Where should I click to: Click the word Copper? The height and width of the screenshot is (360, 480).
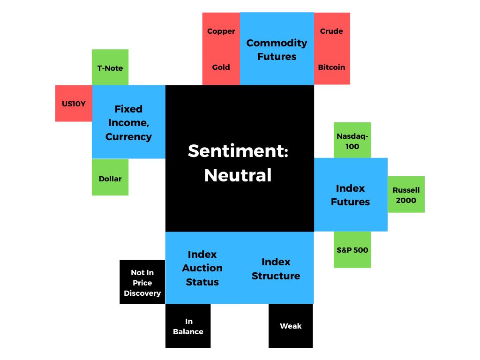point(221,31)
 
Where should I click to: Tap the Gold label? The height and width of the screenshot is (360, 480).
point(221,67)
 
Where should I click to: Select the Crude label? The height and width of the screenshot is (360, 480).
point(331,31)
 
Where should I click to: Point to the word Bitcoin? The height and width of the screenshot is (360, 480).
point(331,67)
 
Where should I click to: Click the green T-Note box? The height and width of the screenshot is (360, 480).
point(110,67)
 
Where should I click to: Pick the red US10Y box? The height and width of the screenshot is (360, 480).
point(74,104)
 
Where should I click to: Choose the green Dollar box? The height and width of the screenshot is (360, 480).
point(110,177)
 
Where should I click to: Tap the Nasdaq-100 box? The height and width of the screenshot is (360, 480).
point(352,140)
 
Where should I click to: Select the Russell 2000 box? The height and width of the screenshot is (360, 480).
point(406,195)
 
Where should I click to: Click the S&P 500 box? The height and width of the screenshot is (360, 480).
point(352,249)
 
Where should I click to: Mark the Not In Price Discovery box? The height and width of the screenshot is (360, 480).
point(142,282)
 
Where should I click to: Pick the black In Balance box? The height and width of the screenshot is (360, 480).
point(188,326)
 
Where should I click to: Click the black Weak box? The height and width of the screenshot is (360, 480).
point(291,326)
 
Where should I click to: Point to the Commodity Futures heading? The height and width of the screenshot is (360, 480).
point(277,50)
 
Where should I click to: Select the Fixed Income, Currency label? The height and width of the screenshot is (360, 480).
point(128,123)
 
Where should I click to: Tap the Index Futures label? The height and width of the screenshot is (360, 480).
point(351,195)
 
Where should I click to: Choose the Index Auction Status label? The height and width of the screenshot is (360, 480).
point(202,268)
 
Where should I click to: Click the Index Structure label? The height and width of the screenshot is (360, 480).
point(276,269)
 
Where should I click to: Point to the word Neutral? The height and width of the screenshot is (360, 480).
point(238,175)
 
